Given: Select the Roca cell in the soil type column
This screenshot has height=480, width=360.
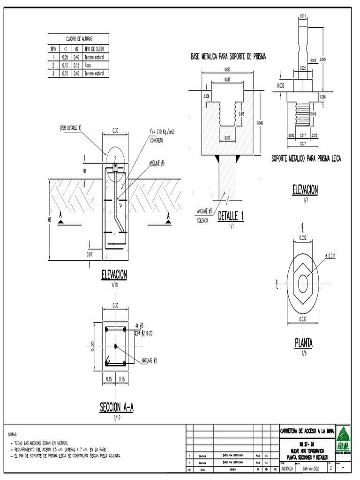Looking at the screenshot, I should coord(88,65).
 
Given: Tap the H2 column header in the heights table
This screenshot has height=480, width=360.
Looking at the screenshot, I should coord(76,49).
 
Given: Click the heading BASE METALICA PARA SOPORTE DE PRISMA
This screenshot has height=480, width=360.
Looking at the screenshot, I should coord(228,57).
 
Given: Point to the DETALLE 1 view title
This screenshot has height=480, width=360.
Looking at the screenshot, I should coord(231,216).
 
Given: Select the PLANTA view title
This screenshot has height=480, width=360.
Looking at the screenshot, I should coord(303,343).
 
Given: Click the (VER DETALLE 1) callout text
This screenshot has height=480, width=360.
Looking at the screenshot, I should coord(71,128).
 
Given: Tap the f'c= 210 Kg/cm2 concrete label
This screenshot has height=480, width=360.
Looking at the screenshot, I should coord(162,132).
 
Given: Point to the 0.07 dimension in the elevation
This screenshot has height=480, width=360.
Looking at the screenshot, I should coord(89,254).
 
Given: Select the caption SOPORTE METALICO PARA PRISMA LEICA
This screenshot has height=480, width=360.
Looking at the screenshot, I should coord(306,159).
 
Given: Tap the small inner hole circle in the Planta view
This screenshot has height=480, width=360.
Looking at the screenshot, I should coord(303,284).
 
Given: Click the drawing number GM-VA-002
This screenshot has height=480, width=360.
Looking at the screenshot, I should coord(311,468).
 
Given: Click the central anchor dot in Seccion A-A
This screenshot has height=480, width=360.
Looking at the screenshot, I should coord(116,346).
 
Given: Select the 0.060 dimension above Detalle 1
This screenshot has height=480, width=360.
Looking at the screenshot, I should coord(227,69).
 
